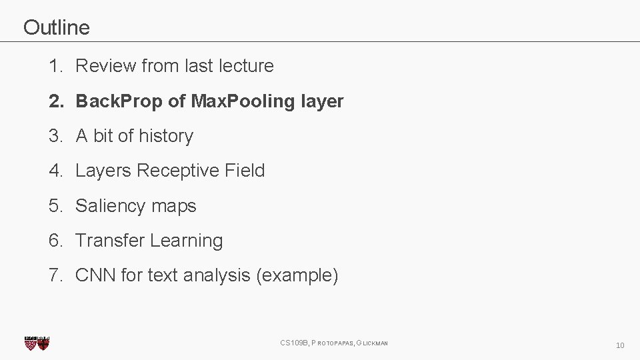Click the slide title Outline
pyautogui.click(x=56, y=27)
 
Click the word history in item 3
pyautogui.click(x=166, y=136)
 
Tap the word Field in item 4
pyautogui.click(x=245, y=171)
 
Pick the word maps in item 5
pyautogui.click(x=174, y=206)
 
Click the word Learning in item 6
pyautogui.click(x=186, y=241)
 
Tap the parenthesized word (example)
pyautogui.click(x=297, y=275)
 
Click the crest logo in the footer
pyautogui.click(x=37, y=343)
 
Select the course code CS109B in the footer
pyautogui.click(x=294, y=343)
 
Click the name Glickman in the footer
pyautogui.click(x=372, y=343)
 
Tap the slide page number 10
pyautogui.click(x=619, y=345)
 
